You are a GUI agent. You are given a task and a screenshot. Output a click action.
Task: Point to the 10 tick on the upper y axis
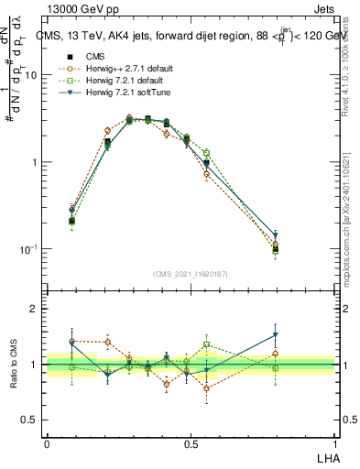(x=32, y=76)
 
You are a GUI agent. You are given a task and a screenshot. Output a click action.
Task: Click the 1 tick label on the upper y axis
(x=35, y=163)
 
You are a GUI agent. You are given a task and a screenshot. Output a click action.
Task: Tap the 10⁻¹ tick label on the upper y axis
(x=30, y=249)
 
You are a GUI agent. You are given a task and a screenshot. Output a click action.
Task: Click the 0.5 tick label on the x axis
(x=191, y=444)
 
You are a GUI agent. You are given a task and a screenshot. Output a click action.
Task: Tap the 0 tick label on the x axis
(x=47, y=444)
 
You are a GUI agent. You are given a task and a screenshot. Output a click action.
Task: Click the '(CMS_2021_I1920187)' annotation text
(x=190, y=273)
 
